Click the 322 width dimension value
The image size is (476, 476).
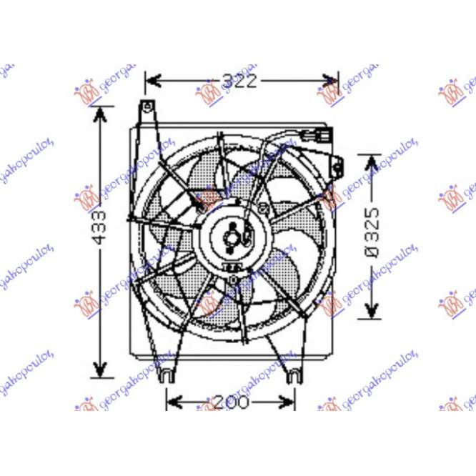(239, 81)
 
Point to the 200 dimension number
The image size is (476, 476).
(232, 402)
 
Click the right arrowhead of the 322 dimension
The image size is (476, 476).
(332, 81)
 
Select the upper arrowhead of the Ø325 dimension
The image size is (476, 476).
(372, 162)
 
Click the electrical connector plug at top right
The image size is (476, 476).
(317, 135)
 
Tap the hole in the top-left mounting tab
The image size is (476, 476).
(147, 109)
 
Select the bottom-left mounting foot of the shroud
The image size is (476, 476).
(166, 372)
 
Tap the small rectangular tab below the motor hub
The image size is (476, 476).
(233, 267)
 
